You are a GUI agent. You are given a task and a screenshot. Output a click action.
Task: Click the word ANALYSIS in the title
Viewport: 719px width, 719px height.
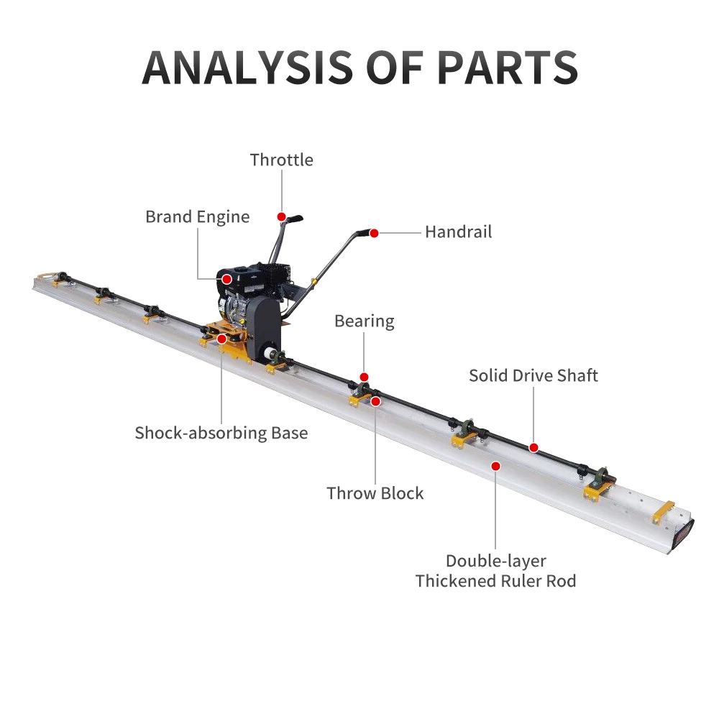click(247, 68)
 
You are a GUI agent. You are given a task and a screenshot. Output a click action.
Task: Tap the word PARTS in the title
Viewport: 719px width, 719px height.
click(508, 68)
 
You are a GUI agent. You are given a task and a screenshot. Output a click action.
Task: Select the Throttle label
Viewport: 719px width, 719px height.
click(282, 160)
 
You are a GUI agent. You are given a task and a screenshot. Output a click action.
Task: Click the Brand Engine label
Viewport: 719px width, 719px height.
click(198, 217)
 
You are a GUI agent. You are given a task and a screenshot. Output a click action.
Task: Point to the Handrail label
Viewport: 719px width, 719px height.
click(459, 232)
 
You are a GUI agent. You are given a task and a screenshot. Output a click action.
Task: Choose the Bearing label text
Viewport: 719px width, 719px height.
click(365, 321)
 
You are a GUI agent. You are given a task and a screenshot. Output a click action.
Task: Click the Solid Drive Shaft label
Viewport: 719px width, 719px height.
click(533, 375)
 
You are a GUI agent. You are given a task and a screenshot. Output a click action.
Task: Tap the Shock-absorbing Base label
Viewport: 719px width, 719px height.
click(221, 433)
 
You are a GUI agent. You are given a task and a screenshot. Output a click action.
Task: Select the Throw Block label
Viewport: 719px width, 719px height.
click(375, 493)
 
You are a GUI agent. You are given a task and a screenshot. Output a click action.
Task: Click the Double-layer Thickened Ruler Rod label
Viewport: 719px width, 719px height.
click(495, 571)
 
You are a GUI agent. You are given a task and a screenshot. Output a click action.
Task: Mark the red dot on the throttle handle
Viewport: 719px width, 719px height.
click(282, 216)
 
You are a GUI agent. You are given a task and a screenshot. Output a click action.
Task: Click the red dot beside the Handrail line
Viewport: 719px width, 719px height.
click(374, 234)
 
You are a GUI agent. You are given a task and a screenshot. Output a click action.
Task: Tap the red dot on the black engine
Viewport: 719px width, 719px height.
click(226, 279)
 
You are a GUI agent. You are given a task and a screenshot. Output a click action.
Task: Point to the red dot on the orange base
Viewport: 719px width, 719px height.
click(221, 339)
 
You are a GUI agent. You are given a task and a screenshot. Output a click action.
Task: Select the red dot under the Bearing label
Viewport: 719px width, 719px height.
click(364, 377)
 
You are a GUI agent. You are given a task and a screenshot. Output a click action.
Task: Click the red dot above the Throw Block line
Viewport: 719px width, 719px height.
click(375, 402)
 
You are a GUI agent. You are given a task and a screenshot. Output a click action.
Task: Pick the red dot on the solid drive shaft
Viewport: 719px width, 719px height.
click(533, 447)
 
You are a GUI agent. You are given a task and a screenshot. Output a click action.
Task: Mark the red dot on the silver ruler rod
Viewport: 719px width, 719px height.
click(495, 467)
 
